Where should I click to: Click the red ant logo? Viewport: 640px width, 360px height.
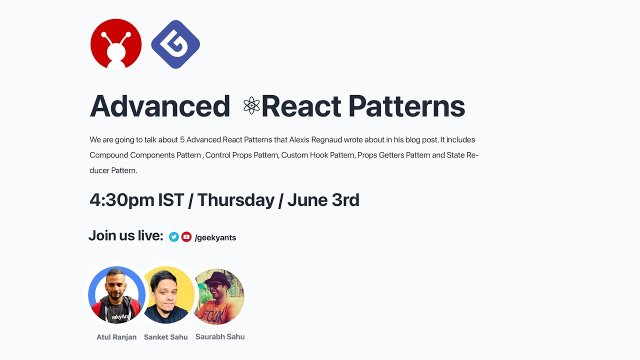point(116,44)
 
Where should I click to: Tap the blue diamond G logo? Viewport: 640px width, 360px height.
point(175,44)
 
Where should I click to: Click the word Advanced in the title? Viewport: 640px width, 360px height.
point(159,106)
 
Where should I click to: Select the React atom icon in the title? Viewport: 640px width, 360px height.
point(251,106)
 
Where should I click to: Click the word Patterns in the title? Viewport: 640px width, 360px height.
point(406,106)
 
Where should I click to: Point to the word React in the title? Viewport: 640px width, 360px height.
point(301,106)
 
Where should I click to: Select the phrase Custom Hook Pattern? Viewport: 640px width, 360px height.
point(317,155)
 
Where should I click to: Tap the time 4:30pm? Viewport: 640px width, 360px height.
point(122,200)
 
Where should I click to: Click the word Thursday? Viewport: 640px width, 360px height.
point(235,200)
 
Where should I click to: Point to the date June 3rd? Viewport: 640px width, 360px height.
point(323,200)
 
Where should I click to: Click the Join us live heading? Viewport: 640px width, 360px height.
point(126,235)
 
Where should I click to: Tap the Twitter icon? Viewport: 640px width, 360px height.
point(174,237)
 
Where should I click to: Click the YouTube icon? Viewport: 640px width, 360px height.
point(186,237)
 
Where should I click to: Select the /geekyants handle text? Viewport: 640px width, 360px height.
point(215,237)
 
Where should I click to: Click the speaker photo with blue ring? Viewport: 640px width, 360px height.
point(116,295)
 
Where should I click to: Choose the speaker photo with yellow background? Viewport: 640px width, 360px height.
point(166,295)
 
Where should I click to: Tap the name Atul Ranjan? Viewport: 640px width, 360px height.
point(116,337)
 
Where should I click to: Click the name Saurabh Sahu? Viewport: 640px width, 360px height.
point(220,336)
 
